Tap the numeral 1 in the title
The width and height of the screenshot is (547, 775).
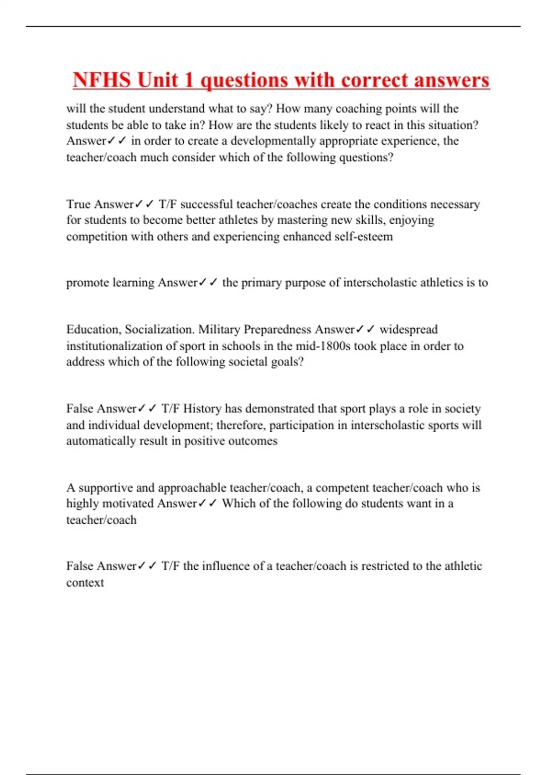coord(189,80)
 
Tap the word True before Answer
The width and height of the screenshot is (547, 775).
coord(78,204)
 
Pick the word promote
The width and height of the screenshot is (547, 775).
coord(88,283)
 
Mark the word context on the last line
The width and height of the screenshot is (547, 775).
coord(85,583)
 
